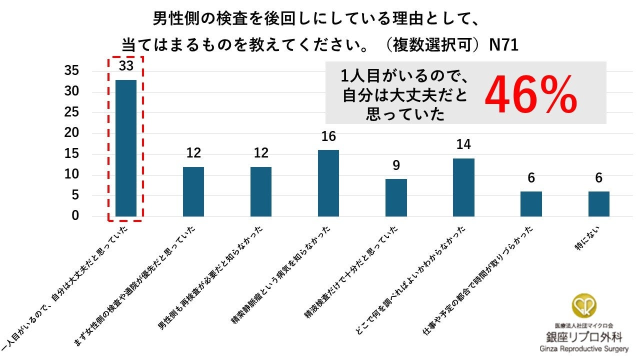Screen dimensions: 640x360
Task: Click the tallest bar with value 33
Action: point(126,148)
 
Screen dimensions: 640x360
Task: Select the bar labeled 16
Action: point(328,183)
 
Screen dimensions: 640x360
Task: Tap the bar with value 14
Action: point(463,187)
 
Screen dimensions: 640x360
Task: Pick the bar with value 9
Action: point(396,197)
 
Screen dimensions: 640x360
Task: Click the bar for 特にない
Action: point(599,204)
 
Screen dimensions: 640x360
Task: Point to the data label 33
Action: point(126,65)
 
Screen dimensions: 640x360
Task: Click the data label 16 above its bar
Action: point(328,136)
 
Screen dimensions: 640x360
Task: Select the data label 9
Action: point(396,165)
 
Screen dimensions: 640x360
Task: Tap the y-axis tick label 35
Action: point(71,70)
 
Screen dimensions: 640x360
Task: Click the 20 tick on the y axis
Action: point(71,132)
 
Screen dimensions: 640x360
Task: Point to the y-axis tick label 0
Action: point(75,215)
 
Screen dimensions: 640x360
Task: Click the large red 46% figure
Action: point(531,94)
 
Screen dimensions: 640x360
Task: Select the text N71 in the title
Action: point(503,45)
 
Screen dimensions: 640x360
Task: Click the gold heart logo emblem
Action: point(584,305)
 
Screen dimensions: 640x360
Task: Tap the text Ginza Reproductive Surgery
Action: point(584,349)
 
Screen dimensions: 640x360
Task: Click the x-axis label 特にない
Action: point(587,239)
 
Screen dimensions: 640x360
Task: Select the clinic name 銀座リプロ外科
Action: point(584,337)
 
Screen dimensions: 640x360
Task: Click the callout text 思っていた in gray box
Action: point(405,114)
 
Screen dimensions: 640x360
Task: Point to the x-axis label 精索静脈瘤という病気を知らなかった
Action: point(280,275)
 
